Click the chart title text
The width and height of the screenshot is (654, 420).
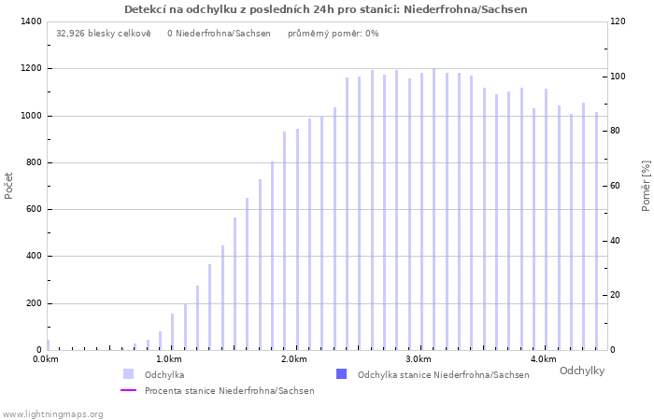[x=326, y=9]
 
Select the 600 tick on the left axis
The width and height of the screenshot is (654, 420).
[x=33, y=209]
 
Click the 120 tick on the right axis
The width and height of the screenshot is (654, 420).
[x=618, y=21]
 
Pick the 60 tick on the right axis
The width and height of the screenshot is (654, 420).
[x=616, y=186]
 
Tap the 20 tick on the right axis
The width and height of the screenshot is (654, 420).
[x=616, y=295]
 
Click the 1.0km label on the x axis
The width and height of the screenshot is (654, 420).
[x=168, y=359]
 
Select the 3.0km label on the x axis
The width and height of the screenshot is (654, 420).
[x=419, y=359]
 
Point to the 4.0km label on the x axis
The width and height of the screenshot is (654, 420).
[x=543, y=359]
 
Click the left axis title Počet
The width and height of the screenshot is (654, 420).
[x=9, y=185]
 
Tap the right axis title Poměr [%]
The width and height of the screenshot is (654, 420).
[x=646, y=185]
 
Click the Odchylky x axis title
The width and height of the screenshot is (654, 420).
[x=582, y=371]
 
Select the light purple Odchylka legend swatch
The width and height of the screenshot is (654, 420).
[x=129, y=374]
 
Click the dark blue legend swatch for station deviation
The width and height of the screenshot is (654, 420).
[x=341, y=374]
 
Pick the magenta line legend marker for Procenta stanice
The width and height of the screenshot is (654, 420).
[x=129, y=390]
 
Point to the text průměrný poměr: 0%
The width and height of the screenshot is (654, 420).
[x=334, y=34]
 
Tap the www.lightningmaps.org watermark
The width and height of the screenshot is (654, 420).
[x=52, y=413]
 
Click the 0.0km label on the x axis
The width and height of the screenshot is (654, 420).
[x=46, y=359]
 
